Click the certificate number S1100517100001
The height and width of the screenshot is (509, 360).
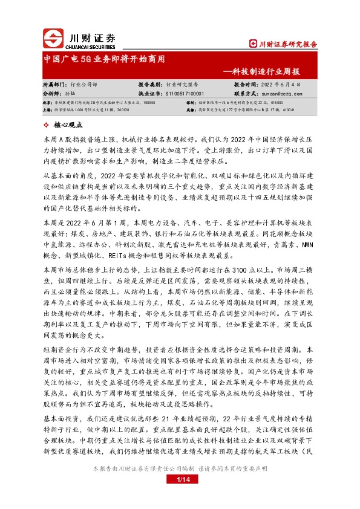pyautogui.click(x=185, y=94)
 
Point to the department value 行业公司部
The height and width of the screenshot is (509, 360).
pyautogui.click(x=83, y=85)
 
